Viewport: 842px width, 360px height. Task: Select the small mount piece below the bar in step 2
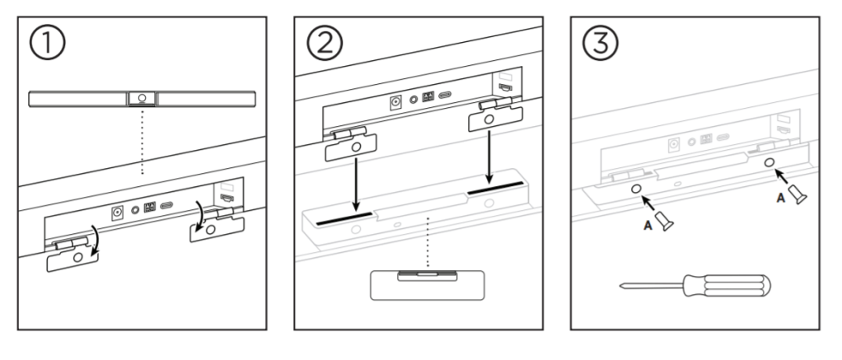[427, 284]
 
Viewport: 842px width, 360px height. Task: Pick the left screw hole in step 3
[637, 189]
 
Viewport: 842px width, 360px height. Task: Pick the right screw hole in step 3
[768, 163]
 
